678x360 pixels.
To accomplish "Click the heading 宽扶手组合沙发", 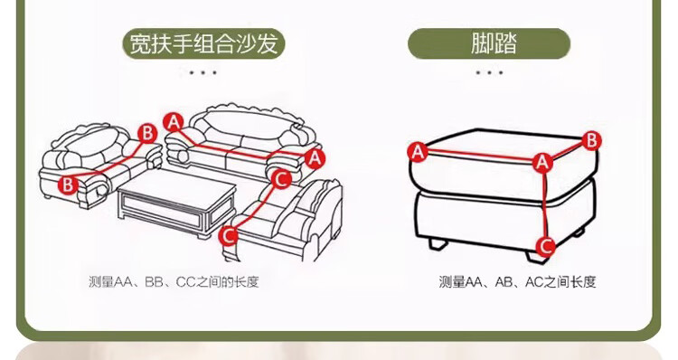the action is [x=203, y=43].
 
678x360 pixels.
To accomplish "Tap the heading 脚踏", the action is [x=494, y=43].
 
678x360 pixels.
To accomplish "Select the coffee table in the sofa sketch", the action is [x=177, y=203].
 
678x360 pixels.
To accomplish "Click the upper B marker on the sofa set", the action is [x=147, y=134].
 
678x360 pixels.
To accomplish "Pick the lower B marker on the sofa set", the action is [x=68, y=185].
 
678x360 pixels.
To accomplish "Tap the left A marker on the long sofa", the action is [x=173, y=122].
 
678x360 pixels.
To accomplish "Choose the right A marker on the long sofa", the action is [x=315, y=158].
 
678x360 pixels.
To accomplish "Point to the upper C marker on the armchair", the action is [x=281, y=179].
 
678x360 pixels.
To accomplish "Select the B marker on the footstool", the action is [x=591, y=140].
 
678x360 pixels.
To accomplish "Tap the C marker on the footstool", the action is [x=546, y=247].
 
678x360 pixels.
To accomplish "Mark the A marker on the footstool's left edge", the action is [x=418, y=152].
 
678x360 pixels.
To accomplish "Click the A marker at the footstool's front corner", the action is [x=542, y=163].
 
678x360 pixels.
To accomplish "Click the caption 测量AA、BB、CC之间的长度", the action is [x=174, y=282].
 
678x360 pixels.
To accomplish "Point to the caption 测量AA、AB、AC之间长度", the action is [x=517, y=282].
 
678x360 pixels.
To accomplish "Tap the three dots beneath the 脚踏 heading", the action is [x=489, y=72].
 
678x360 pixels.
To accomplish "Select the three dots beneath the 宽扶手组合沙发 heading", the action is [x=202, y=72].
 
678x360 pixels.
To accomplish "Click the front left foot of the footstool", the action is [x=438, y=243].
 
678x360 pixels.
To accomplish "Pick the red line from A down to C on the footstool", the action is [x=544, y=205].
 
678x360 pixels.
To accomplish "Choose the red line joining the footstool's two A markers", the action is [x=480, y=157].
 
